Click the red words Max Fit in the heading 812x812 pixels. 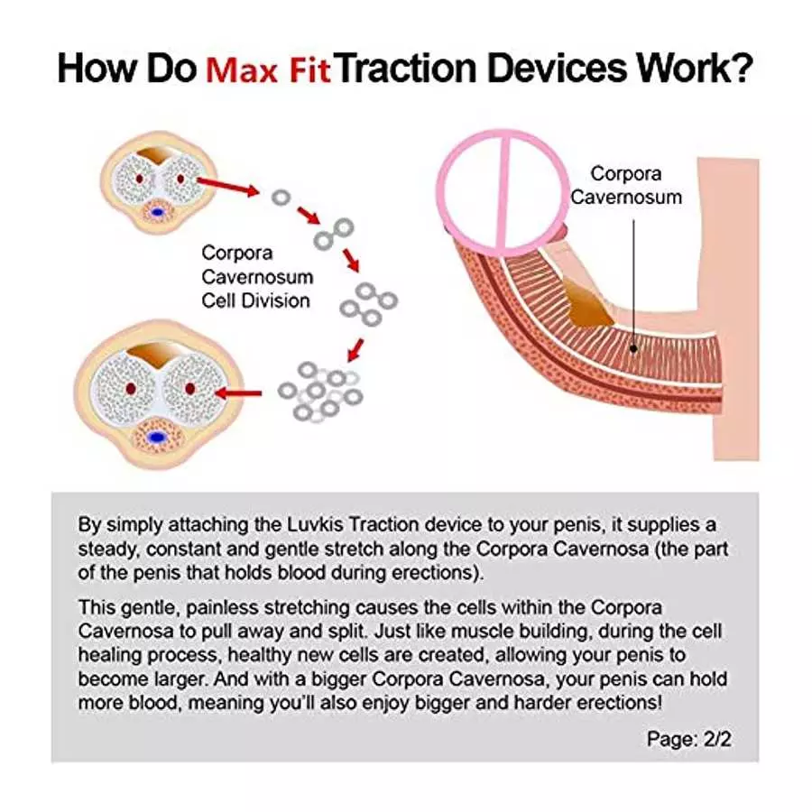(268, 70)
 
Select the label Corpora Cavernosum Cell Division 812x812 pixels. (257, 277)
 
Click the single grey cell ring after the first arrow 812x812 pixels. (281, 198)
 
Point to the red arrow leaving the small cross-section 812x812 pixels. (228, 187)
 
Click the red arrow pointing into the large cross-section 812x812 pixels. (237, 393)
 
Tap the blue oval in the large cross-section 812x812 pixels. (157, 438)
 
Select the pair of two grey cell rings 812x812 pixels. (334, 234)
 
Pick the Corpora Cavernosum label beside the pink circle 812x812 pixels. (626, 185)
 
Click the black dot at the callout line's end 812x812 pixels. (633, 349)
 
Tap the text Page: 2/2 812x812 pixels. (688, 739)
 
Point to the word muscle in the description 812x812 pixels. (483, 632)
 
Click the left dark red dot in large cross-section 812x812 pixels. (131, 388)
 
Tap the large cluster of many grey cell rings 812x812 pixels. (321, 392)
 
